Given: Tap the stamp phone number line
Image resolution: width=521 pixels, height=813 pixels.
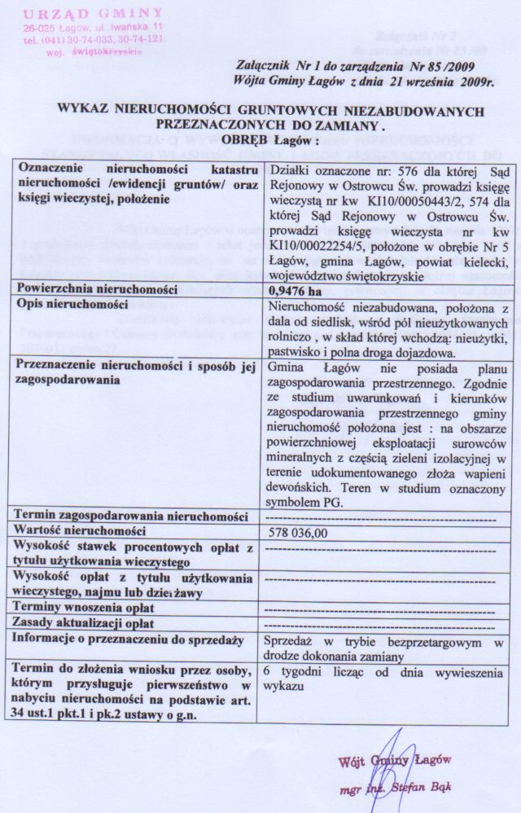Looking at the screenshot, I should coord(93,39).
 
